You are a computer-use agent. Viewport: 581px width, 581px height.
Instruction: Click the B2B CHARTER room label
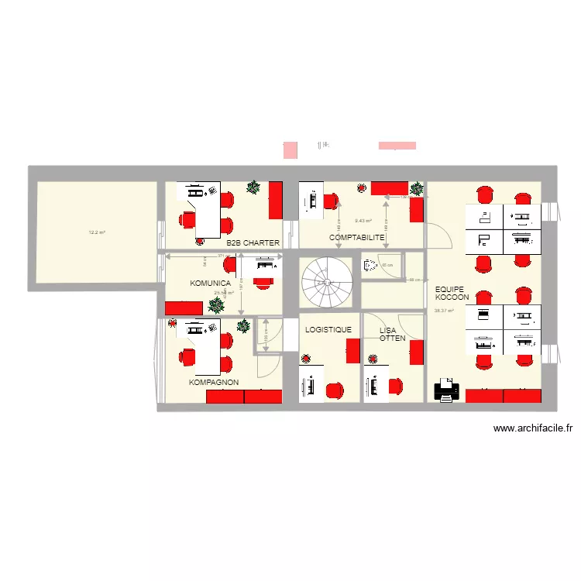[x=253, y=242]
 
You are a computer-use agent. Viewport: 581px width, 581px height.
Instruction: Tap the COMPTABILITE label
[x=356, y=237]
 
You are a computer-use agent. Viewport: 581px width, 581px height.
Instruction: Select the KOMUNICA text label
[x=210, y=284]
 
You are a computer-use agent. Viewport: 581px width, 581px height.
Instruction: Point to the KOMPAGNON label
[x=214, y=383]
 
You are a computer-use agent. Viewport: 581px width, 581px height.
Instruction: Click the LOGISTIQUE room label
[x=328, y=330]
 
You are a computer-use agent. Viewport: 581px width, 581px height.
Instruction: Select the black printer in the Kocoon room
[x=446, y=390]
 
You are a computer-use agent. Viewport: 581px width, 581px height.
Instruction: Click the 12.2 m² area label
[x=97, y=232]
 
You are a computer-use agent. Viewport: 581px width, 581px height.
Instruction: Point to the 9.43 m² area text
[x=363, y=221]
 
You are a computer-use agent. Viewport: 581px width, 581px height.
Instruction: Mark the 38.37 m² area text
[x=444, y=311]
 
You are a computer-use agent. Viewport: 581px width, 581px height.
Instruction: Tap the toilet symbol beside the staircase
[x=370, y=265]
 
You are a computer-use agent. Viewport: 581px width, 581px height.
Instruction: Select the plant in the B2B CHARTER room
[x=253, y=187]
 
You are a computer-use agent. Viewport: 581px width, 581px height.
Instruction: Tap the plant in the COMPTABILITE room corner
[x=417, y=188]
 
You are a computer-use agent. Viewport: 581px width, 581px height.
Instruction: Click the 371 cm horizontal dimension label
[x=222, y=256]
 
